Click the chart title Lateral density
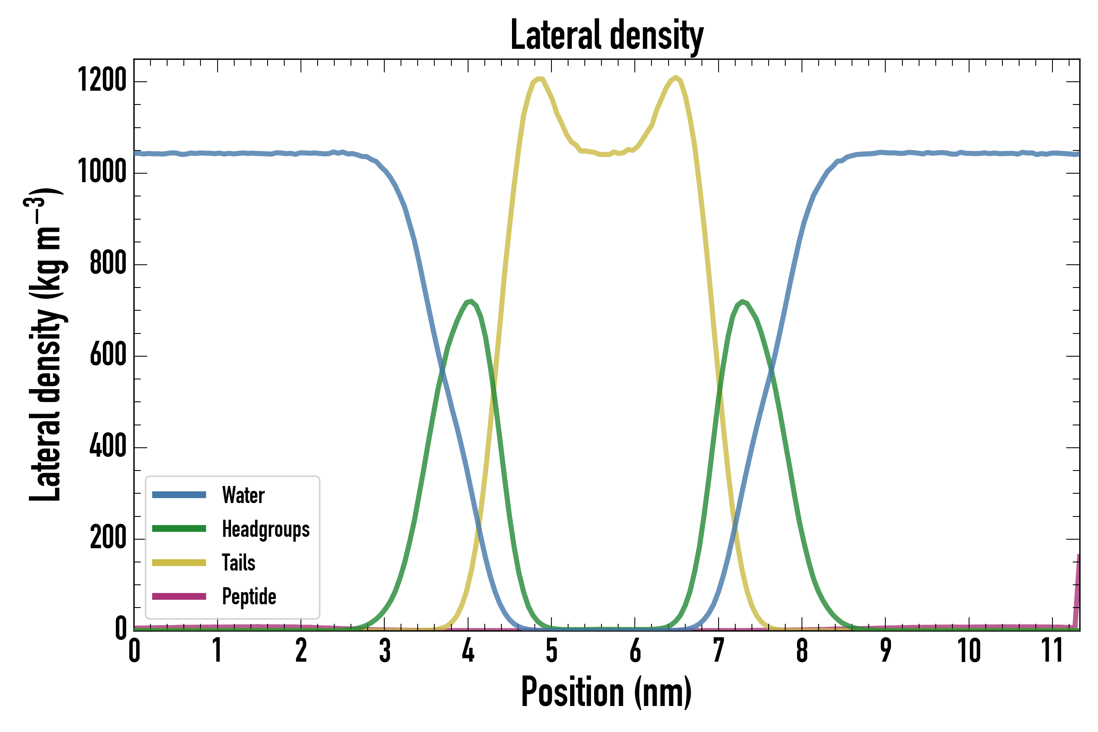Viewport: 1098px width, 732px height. click(606, 35)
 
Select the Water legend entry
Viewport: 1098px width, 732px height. click(243, 495)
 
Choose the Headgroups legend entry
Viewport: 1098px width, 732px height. click(265, 529)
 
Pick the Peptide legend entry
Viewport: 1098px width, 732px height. click(249, 597)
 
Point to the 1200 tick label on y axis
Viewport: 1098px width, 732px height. click(102, 80)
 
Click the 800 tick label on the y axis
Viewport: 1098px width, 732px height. click(108, 263)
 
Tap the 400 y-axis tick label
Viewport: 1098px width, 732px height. click(108, 446)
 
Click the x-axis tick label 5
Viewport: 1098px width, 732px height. click(552, 651)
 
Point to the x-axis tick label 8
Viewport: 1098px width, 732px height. click(802, 651)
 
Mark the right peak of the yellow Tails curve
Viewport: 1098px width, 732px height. click(675, 78)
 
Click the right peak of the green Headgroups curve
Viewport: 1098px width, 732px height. click(742, 302)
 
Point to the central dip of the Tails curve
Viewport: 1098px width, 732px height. click(605, 155)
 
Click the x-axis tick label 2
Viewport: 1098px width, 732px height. click(301, 651)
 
